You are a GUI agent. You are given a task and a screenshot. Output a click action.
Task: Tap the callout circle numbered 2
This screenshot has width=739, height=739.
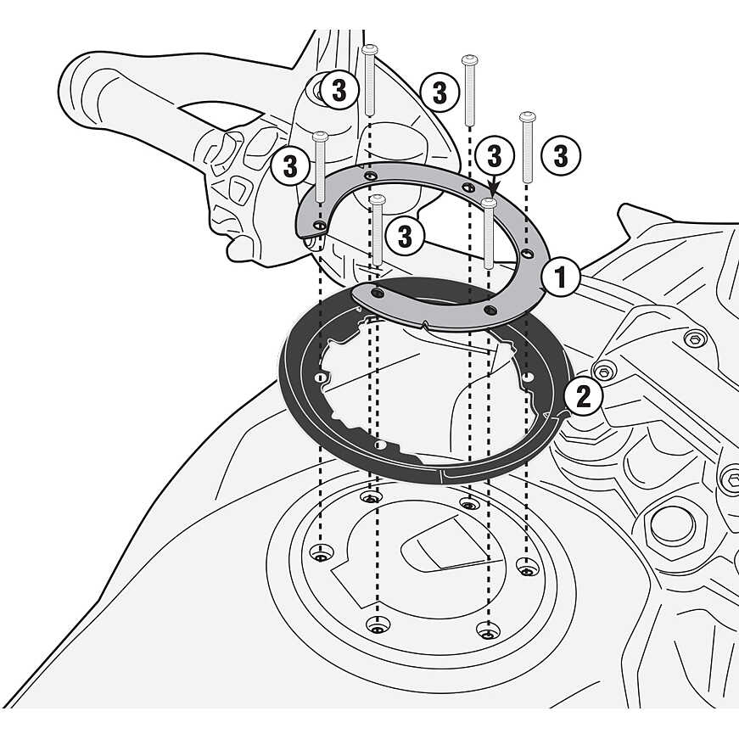tap(584, 395)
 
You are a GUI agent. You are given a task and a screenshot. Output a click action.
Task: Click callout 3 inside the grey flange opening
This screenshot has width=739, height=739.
tap(405, 236)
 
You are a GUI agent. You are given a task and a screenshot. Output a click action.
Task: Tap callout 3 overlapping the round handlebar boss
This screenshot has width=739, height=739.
tap(339, 91)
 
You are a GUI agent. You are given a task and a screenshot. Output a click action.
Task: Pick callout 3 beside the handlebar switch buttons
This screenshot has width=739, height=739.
tap(290, 165)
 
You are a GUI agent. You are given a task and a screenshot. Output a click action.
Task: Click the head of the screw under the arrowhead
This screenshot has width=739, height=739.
tap(489, 204)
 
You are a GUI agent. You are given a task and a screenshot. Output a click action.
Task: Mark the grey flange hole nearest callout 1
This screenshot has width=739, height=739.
tap(528, 254)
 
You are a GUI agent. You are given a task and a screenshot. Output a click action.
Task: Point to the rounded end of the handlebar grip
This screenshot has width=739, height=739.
tap(73, 81)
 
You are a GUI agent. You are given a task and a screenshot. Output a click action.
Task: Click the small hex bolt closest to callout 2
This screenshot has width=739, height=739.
tap(603, 372)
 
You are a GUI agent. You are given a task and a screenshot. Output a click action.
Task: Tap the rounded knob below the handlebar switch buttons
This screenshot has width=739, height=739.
tap(242, 247)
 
